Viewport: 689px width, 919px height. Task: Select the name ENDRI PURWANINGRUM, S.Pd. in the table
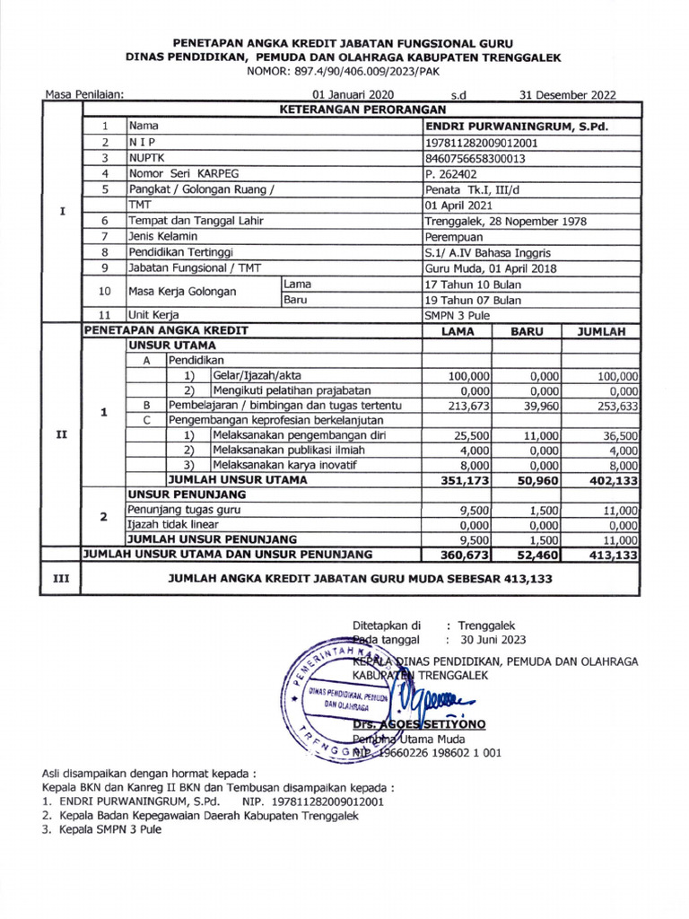coord(516,127)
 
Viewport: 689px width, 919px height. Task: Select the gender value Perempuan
coord(454,237)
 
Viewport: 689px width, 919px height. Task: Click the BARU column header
coord(528,330)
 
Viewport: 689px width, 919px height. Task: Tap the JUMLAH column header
coord(600,330)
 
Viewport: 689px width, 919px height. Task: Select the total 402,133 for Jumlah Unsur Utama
coord(612,480)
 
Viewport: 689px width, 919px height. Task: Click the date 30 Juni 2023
coord(493,640)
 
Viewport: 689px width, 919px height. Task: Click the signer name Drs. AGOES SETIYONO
coord(406,722)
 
